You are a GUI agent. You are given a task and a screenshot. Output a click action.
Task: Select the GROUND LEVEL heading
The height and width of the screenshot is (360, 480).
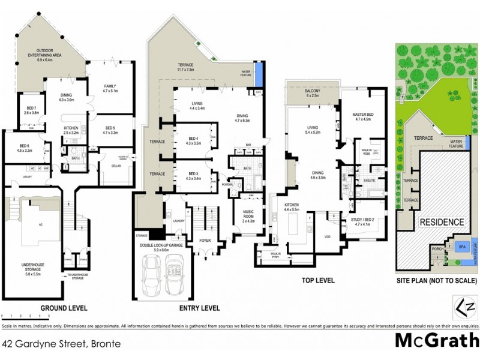point(64,308)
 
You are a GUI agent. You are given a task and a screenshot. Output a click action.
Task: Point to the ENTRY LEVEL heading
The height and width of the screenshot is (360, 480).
point(199,308)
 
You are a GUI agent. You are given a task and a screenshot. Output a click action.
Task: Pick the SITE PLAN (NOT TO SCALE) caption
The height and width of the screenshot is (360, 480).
point(436,280)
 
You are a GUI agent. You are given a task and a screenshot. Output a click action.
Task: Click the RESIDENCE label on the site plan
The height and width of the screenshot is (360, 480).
point(442,222)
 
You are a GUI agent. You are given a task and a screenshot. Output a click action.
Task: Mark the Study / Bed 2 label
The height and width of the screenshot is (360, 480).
point(364,222)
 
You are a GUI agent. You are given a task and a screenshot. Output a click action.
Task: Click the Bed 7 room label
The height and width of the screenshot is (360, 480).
point(31,110)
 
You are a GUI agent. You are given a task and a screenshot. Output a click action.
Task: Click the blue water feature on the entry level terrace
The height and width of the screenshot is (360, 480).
point(259,75)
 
